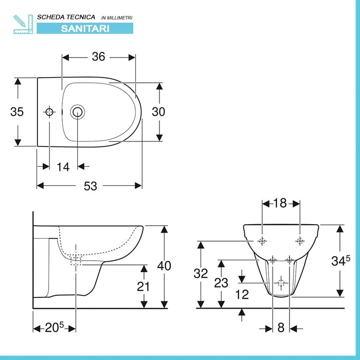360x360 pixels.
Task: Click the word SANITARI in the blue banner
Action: (85, 29)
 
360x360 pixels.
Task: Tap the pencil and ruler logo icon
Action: (23, 24)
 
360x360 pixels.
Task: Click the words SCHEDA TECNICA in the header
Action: (66, 17)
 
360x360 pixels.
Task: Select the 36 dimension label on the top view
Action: (99, 57)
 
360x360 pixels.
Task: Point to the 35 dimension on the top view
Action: (17, 112)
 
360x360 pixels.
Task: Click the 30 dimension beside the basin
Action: (158, 112)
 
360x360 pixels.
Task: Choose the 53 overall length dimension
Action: (91, 186)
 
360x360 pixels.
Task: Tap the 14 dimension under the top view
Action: (63, 167)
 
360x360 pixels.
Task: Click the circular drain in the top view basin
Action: (77, 112)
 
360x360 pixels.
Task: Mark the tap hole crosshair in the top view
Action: (49, 112)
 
